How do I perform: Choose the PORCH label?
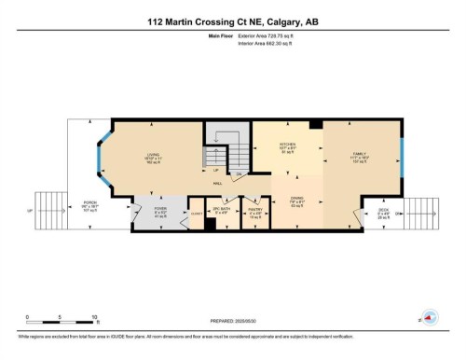pyautogui.click(x=90, y=202)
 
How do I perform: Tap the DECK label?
pyautogui.click(x=383, y=211)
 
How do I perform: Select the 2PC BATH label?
pyautogui.click(x=221, y=211)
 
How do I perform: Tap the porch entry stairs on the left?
pyautogui.click(x=47, y=210)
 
